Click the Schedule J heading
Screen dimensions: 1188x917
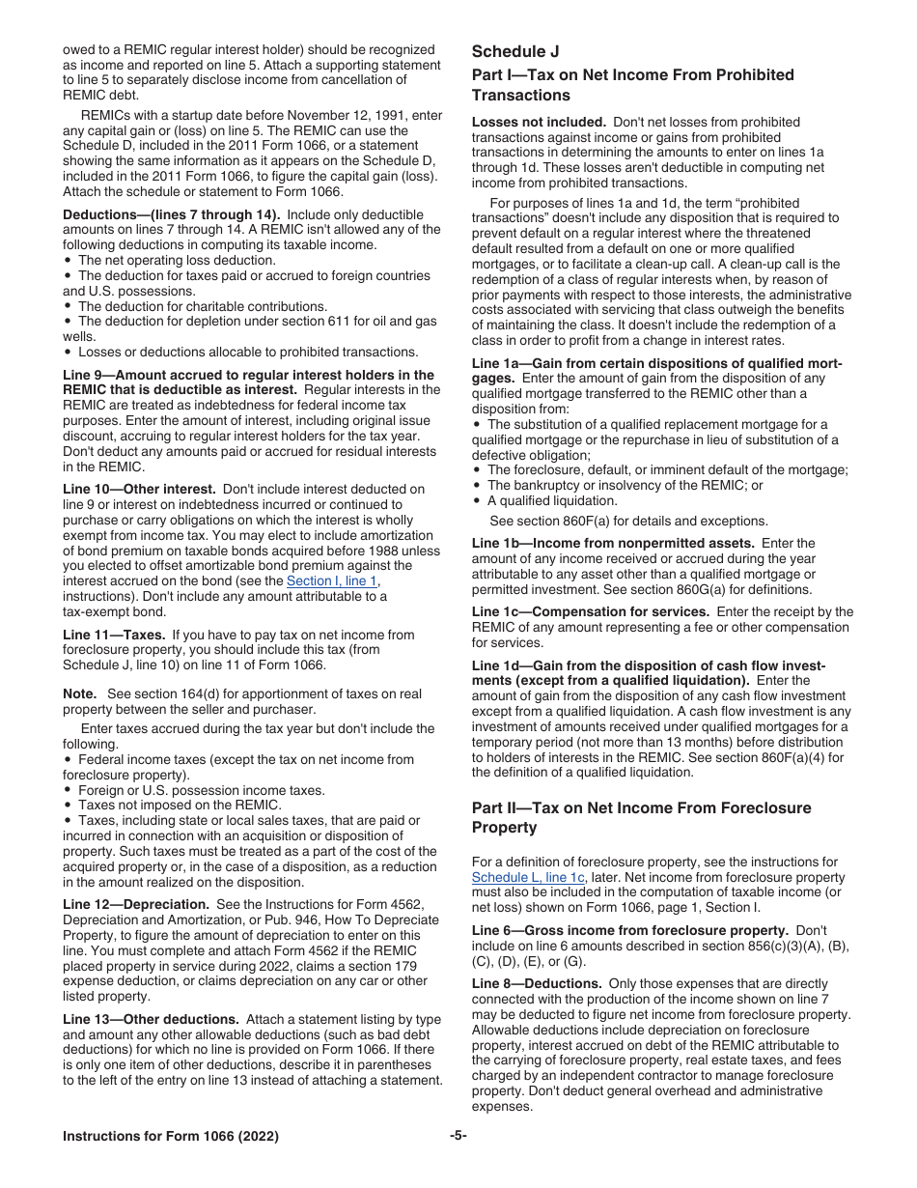point(515,52)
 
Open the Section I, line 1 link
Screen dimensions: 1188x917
point(332,581)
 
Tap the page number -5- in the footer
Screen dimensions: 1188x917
point(458,1137)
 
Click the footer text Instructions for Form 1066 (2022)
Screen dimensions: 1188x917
point(171,1137)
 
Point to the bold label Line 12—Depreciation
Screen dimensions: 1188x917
point(136,905)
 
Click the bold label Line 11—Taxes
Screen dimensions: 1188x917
point(115,636)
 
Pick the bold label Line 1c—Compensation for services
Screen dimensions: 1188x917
point(590,612)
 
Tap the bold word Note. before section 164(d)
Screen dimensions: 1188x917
point(79,694)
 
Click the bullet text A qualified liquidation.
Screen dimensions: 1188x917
point(552,501)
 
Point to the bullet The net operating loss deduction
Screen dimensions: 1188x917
point(177,261)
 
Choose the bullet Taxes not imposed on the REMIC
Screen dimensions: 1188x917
point(180,806)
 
